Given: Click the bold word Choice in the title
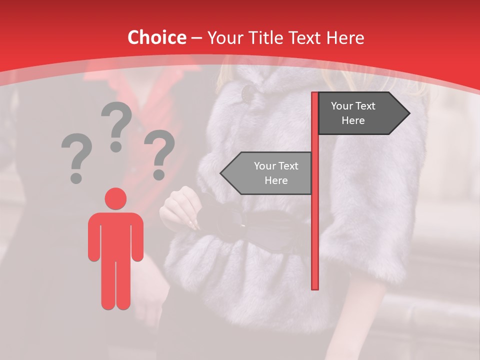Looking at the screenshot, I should [x=156, y=37].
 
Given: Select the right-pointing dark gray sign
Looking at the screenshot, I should [x=360, y=113].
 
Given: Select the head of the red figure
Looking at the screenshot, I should [x=115, y=198].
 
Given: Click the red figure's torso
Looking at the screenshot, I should [x=115, y=235].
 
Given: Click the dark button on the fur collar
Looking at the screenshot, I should [x=248, y=92].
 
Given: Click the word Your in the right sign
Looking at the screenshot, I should [x=342, y=106].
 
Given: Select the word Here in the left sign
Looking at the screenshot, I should [x=276, y=180].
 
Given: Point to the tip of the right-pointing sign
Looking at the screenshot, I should [x=408, y=113].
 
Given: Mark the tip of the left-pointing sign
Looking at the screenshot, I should [x=221, y=173].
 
